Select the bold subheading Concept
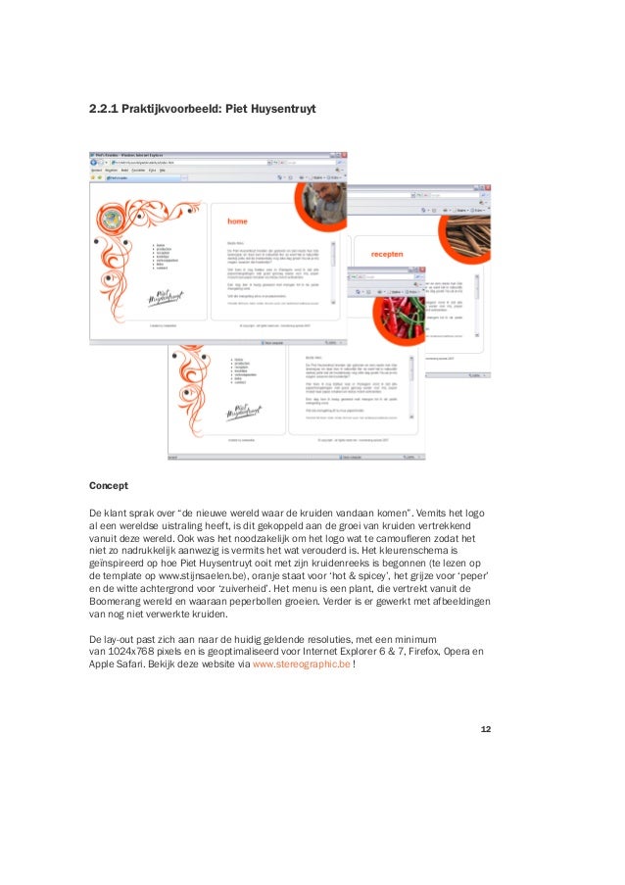tap(108, 485)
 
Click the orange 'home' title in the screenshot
tap(237, 222)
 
